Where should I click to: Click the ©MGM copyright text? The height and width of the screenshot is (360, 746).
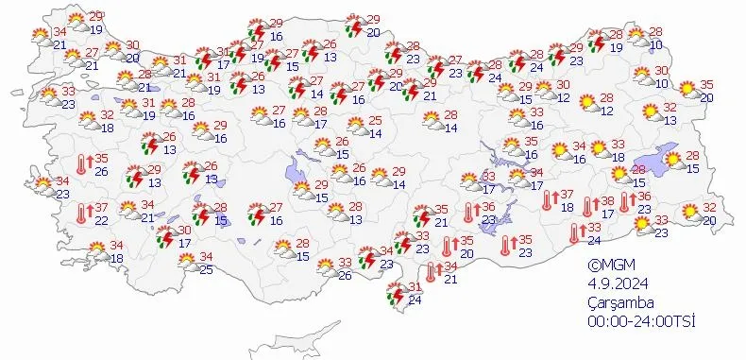608,266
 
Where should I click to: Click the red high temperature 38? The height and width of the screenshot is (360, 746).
607,201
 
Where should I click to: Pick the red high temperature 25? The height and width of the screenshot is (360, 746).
375,120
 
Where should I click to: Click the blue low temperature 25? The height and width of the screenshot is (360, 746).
206,271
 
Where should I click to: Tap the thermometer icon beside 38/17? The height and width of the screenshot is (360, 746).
588,207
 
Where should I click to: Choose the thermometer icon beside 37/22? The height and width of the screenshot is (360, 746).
83,214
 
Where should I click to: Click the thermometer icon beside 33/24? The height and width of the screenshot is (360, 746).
575,232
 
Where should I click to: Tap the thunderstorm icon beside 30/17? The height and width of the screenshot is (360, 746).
165,235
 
